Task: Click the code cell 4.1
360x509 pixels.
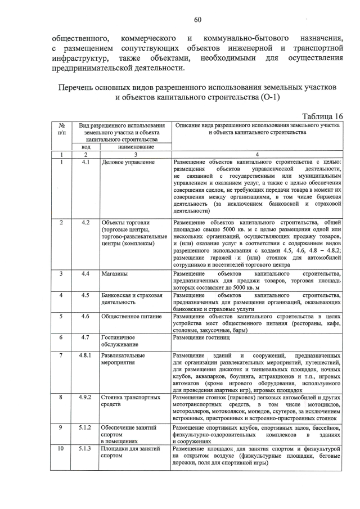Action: tap(85, 163)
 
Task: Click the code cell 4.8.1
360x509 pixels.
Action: tap(85, 356)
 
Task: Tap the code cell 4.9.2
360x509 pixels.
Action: tap(85, 398)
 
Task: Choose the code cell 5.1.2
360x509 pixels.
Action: tap(85, 428)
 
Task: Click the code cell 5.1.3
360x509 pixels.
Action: tap(85, 449)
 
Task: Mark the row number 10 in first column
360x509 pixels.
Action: tap(60, 449)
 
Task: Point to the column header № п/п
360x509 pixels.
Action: tap(60, 128)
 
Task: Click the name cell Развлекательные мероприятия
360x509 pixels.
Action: tap(123, 360)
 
